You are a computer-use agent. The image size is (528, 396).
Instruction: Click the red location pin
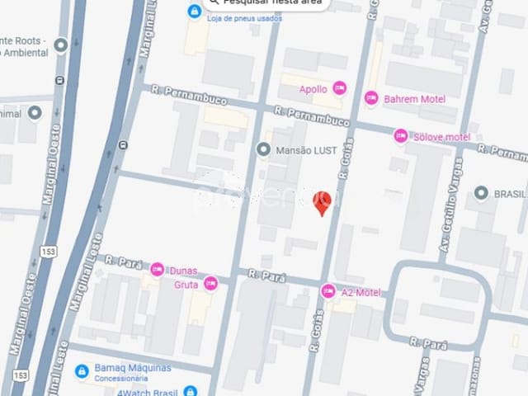[x=323, y=201]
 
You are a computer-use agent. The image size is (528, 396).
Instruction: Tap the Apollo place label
[x=313, y=89]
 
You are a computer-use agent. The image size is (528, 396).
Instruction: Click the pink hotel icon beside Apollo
[x=338, y=88]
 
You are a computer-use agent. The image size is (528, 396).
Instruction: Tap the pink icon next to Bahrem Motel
[x=371, y=98]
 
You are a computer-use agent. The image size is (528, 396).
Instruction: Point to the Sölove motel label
[x=442, y=136]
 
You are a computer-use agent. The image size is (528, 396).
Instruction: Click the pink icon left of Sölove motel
[x=401, y=135]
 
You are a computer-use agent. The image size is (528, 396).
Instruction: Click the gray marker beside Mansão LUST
[x=263, y=149]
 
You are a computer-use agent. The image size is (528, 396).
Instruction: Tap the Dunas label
[x=189, y=269]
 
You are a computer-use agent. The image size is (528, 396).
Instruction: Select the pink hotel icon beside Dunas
[x=157, y=268]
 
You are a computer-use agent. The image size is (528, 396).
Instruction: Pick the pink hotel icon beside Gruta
[x=210, y=283]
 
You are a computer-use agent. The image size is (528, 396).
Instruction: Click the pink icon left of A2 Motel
[x=328, y=290]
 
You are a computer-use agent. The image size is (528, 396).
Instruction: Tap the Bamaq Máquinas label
[x=133, y=367]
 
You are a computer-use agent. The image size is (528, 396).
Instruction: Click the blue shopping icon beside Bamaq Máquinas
[x=82, y=371]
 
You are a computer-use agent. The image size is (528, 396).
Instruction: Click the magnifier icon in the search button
[x=214, y=2]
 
